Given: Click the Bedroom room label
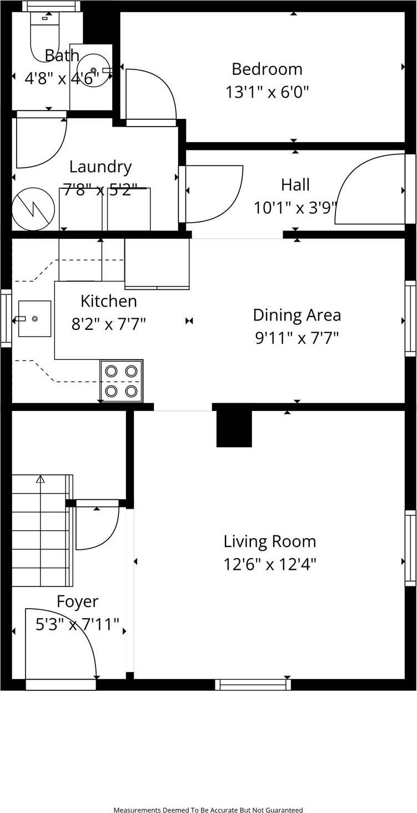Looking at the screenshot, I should click(x=267, y=69).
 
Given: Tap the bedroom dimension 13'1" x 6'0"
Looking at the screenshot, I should click(x=267, y=92).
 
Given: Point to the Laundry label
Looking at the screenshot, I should click(x=101, y=167).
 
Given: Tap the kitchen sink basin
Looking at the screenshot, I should click(x=34, y=319).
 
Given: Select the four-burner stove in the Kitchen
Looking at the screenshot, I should click(x=122, y=381).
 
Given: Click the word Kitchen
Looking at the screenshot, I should click(x=109, y=301).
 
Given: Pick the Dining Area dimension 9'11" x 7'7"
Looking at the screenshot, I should click(x=297, y=338).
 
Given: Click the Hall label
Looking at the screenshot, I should click(x=295, y=184).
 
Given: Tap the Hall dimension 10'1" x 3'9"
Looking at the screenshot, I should click(x=295, y=208).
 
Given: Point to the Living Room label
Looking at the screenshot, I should click(x=270, y=541).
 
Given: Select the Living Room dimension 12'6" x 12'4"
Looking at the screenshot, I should click(x=270, y=564).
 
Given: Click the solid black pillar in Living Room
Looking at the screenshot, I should click(x=234, y=429).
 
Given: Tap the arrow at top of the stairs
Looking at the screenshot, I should click(x=40, y=479).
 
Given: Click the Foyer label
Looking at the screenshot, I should click(x=78, y=601).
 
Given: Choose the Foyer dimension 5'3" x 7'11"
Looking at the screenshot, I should click(x=78, y=625).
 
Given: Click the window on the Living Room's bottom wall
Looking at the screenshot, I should click(x=253, y=685).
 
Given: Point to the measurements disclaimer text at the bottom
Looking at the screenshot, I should click(x=208, y=810).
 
